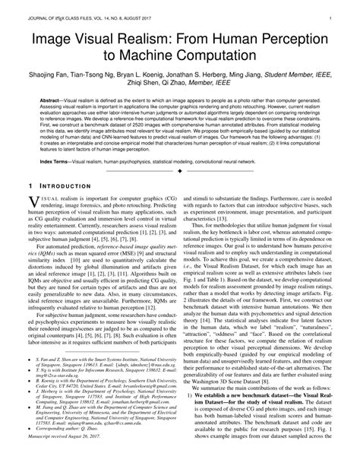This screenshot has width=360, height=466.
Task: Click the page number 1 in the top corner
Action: click(x=347, y=15)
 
